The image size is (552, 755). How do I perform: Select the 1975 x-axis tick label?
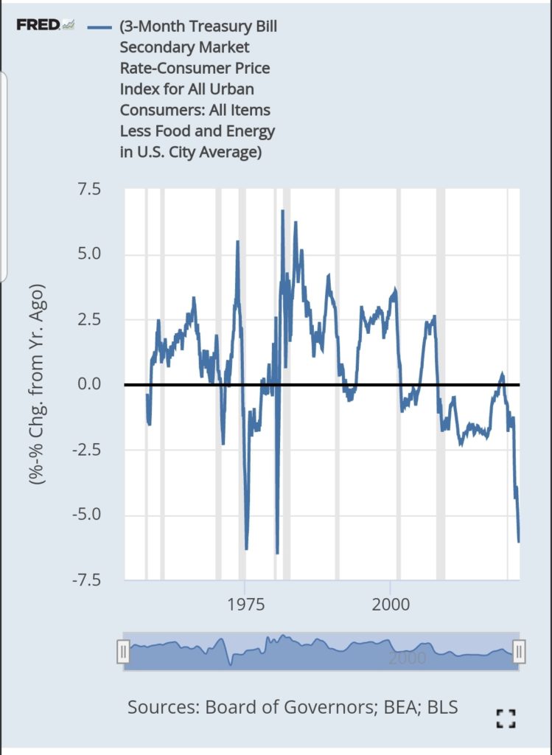(246, 605)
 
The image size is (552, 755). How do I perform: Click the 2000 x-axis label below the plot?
(391, 605)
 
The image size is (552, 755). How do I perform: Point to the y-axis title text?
(37, 383)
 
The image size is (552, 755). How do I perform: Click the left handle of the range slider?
(124, 652)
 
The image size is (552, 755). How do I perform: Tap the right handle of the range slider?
(519, 652)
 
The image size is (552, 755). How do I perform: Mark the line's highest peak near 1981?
(282, 211)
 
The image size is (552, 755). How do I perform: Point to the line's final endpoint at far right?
(519, 542)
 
